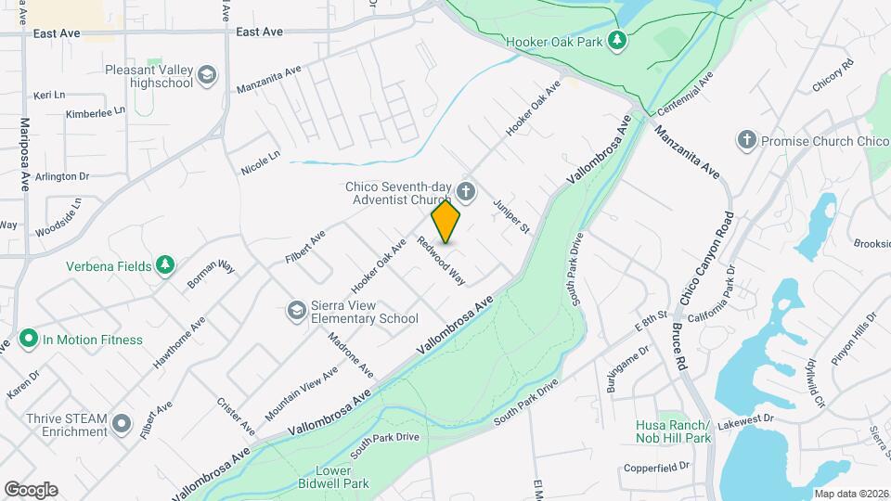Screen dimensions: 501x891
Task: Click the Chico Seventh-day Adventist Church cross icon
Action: point(466,193)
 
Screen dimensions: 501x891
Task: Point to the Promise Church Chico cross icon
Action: point(746,141)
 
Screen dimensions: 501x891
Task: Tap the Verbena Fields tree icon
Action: point(165,266)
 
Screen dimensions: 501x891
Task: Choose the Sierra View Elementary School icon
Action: point(296,310)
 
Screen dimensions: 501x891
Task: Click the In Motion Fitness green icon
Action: point(28,340)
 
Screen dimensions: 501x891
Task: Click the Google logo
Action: point(31,489)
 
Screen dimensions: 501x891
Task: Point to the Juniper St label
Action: point(511,216)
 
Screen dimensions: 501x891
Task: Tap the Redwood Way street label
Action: point(441,261)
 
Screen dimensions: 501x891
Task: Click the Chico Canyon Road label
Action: point(704,258)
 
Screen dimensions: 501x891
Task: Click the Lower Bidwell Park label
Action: point(333,477)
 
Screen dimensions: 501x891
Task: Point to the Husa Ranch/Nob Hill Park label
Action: point(673,431)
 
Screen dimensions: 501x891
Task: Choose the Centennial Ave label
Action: point(685,96)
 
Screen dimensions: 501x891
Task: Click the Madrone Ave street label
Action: point(351,353)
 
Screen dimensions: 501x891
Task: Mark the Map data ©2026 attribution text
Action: point(850,493)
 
